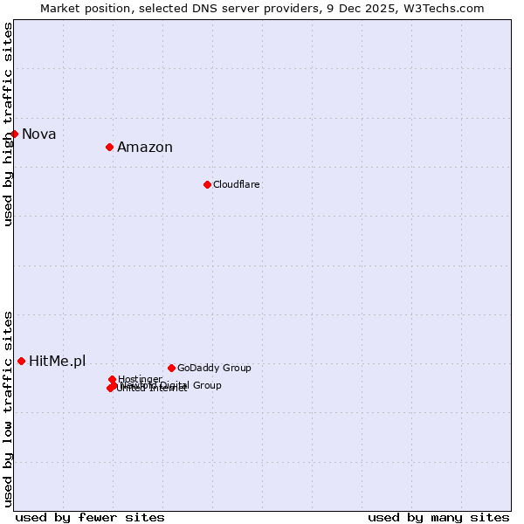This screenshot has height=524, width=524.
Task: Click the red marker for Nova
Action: point(15,134)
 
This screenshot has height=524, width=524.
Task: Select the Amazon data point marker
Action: point(110,147)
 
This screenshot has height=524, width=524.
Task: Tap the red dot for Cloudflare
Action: point(207,184)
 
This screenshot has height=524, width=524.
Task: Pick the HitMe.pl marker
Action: point(22,361)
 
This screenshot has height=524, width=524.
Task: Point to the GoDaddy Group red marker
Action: point(171,368)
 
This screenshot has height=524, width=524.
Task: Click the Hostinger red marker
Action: point(112,379)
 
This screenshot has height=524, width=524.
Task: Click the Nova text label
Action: point(39,134)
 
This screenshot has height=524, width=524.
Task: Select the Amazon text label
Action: point(145,147)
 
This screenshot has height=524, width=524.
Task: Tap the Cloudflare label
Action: point(237,184)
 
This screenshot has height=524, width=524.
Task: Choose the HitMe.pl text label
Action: point(58,361)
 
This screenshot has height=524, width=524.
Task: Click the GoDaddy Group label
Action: point(214,368)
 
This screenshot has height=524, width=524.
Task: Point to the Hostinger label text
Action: point(140,379)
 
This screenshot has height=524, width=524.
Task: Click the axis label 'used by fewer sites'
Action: point(90,517)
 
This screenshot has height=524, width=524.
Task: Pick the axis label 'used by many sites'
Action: point(438,517)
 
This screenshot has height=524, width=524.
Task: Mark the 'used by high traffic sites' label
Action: point(8,124)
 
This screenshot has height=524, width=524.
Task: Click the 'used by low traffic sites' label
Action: point(8,409)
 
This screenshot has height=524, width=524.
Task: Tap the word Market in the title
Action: point(61,8)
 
